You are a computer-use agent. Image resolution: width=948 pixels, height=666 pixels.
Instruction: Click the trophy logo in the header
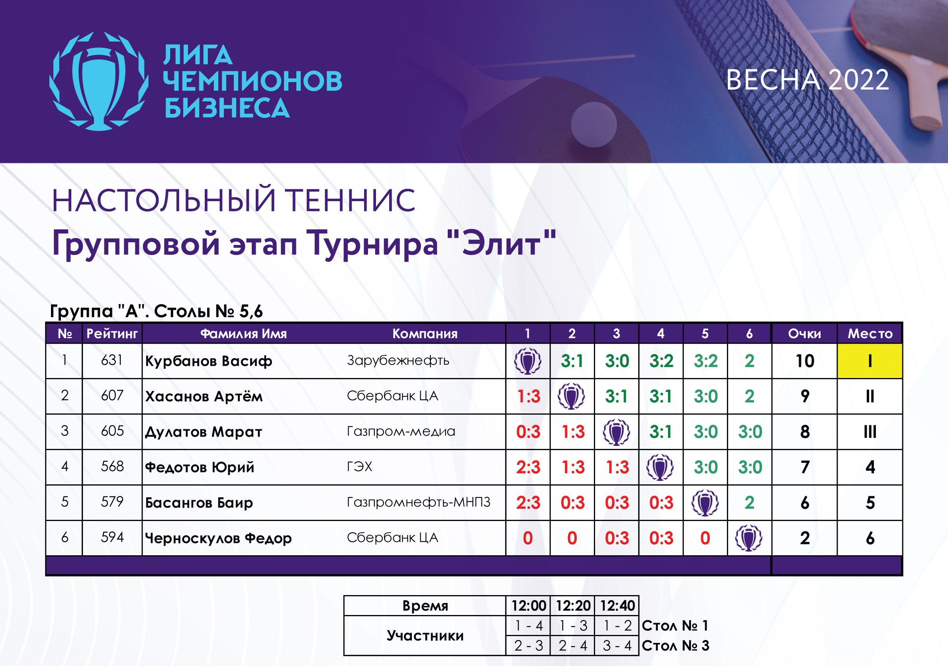click(99, 81)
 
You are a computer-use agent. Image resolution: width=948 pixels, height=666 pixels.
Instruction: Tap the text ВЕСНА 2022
click(807, 80)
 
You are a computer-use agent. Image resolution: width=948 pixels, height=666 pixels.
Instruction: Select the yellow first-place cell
click(870, 361)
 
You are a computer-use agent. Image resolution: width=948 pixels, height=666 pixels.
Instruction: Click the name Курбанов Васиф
click(208, 361)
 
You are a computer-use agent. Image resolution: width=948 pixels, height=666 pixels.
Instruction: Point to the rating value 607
click(112, 396)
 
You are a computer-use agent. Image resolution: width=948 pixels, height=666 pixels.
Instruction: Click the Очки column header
click(804, 334)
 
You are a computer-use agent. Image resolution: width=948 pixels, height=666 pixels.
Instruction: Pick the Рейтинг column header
click(112, 334)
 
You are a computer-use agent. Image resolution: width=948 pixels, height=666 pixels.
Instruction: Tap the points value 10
click(805, 361)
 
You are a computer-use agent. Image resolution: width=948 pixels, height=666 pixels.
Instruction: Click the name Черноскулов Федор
click(218, 538)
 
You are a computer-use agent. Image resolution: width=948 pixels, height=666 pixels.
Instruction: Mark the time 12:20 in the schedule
click(573, 606)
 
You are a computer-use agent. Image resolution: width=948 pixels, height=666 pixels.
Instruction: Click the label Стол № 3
click(676, 645)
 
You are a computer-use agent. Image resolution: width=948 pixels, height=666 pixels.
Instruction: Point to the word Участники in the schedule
click(425, 635)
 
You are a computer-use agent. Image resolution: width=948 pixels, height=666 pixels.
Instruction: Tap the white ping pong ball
click(594, 124)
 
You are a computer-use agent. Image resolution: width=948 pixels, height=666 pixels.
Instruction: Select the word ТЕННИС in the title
click(351, 200)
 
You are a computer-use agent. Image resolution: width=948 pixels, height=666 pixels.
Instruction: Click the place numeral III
click(870, 432)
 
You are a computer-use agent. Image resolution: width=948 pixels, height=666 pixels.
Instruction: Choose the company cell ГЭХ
click(359, 466)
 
